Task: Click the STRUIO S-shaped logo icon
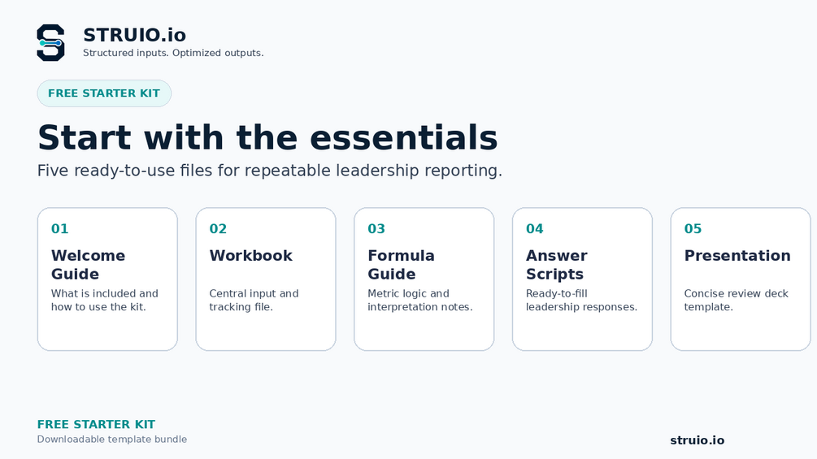pyautogui.click(x=50, y=43)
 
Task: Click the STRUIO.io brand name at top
pyautogui.click(x=134, y=36)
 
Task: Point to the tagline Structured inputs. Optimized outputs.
pyautogui.click(x=173, y=53)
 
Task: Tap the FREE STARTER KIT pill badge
pyautogui.click(x=104, y=93)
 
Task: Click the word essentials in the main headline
pyautogui.click(x=404, y=137)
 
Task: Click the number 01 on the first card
pyautogui.click(x=60, y=228)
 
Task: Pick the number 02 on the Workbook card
pyautogui.click(x=218, y=228)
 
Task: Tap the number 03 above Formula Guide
pyautogui.click(x=376, y=228)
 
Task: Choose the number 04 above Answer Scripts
pyautogui.click(x=535, y=228)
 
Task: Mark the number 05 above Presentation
pyautogui.click(x=693, y=228)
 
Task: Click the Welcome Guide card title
pyautogui.click(x=88, y=264)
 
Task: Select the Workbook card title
pyautogui.click(x=251, y=256)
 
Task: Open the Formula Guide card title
pyautogui.click(x=402, y=264)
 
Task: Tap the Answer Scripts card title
pyautogui.click(x=557, y=264)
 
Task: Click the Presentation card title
pyautogui.click(x=737, y=256)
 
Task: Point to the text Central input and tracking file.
pyautogui.click(x=254, y=301)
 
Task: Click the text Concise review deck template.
pyautogui.click(x=737, y=301)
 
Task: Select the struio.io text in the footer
pyautogui.click(x=697, y=440)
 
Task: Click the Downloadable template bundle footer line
pyautogui.click(x=112, y=440)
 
